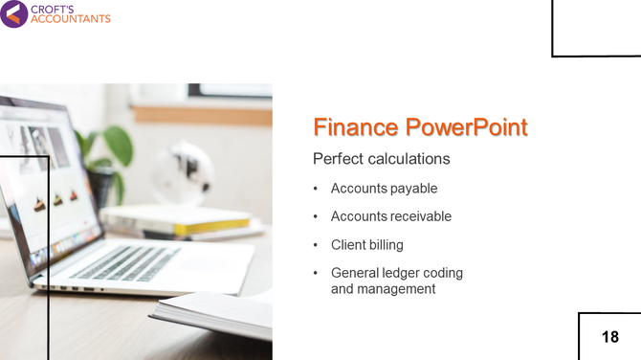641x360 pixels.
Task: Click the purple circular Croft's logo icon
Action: coord(13,13)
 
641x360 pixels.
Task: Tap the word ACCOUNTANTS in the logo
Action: coord(71,19)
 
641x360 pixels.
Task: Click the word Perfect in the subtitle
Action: coord(338,158)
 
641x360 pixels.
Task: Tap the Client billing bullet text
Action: coord(367,245)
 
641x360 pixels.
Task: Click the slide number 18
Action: coord(609,337)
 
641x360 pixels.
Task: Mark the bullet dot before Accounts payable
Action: coord(316,189)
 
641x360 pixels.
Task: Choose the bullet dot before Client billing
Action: coord(316,245)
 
